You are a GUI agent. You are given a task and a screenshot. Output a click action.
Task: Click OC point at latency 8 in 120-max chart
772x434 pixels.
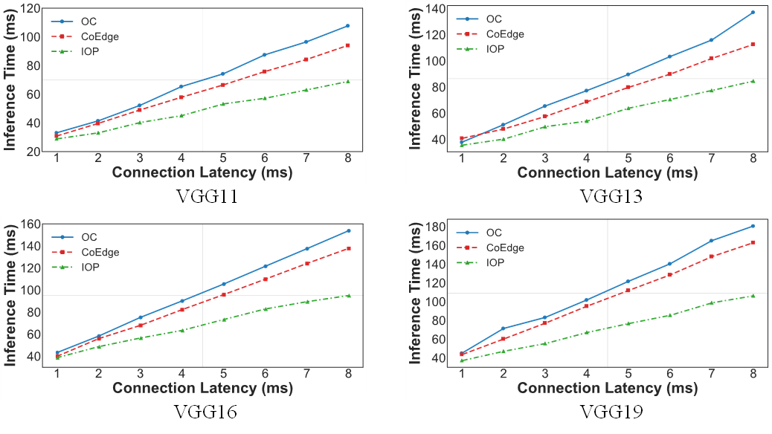[x=347, y=26]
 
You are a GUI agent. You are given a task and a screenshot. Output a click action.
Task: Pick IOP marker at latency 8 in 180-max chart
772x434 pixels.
[x=753, y=296]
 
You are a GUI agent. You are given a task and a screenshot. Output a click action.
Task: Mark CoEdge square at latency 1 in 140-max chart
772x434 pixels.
[x=461, y=138]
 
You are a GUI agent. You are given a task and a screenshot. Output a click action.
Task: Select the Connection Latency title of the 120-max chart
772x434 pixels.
[x=202, y=172]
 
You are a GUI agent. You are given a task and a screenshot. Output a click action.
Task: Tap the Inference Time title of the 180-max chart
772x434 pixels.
[x=416, y=292]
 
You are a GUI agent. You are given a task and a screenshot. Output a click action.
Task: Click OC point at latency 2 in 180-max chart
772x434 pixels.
[x=504, y=328]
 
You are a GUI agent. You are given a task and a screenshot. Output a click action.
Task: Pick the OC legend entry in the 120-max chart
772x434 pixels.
[x=89, y=22]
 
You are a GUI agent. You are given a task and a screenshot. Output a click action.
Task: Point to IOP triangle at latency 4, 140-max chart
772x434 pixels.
[x=587, y=121]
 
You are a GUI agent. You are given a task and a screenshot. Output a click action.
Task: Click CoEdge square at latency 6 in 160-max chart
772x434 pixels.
[x=265, y=279]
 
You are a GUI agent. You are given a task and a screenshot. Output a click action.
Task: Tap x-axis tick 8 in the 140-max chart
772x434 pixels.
[x=753, y=159]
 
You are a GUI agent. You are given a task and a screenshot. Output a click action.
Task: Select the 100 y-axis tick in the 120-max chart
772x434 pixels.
[x=31, y=37]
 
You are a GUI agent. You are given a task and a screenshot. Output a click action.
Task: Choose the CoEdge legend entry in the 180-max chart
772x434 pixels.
[x=504, y=247]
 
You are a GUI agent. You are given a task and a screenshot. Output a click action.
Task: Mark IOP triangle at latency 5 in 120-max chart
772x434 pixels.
[x=222, y=104]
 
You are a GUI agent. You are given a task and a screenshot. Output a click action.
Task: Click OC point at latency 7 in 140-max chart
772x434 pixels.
[x=711, y=40]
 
